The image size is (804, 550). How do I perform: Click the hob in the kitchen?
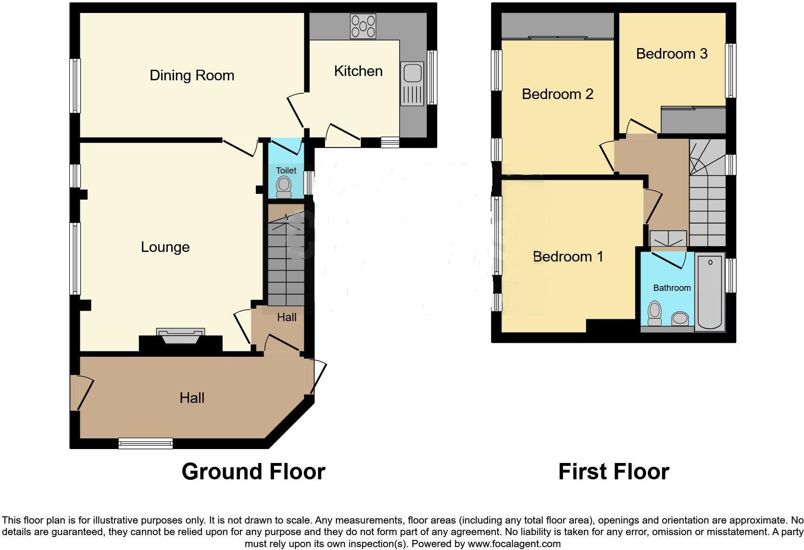[363, 26]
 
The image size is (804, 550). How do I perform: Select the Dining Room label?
[192, 75]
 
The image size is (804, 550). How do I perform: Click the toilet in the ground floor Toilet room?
[284, 187]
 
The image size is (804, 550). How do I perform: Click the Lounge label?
[165, 247]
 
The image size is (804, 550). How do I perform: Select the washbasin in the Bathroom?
[680, 318]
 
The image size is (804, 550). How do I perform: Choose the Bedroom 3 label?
[671, 54]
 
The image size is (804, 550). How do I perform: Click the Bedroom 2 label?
[557, 94]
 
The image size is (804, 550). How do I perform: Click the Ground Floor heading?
[253, 472]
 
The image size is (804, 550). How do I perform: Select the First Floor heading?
[614, 472]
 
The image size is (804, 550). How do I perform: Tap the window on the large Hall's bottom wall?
[146, 443]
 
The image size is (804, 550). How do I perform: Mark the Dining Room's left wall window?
[75, 86]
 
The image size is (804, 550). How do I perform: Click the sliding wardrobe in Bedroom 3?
[693, 120]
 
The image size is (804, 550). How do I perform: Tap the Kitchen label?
[358, 71]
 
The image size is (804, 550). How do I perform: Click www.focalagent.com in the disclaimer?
[514, 544]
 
